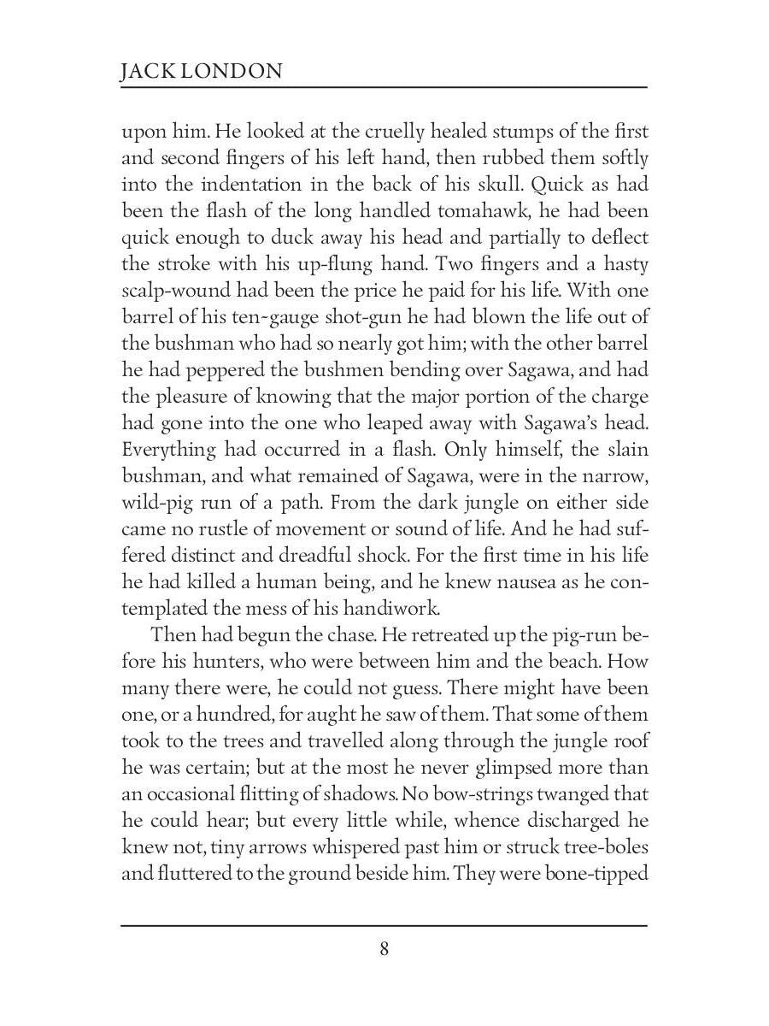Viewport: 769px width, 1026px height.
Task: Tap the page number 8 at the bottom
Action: (x=384, y=948)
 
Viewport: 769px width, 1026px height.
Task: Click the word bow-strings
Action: (x=463, y=793)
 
